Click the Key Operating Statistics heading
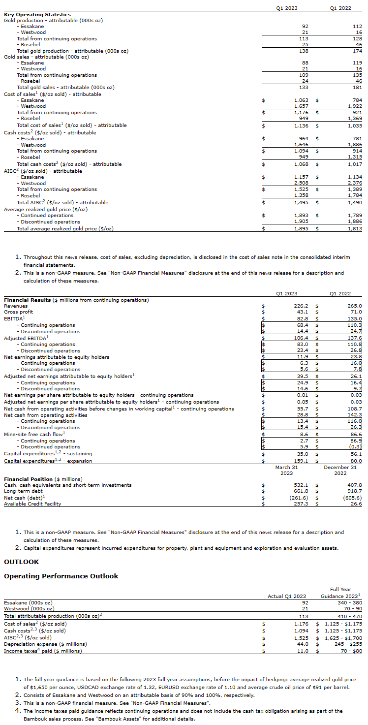37,15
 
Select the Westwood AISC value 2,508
301,183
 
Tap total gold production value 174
358,51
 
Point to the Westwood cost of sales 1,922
354,106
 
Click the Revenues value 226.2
301,306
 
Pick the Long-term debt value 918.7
354,491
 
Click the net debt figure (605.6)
352,498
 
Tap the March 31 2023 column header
286,470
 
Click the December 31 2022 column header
340,470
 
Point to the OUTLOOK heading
21,562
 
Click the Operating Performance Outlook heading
61,576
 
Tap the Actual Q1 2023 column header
286,596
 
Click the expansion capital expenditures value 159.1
301,461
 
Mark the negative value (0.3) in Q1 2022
355,447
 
